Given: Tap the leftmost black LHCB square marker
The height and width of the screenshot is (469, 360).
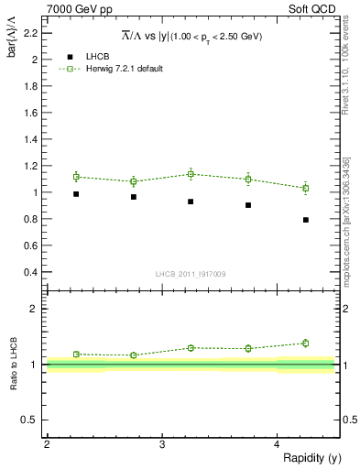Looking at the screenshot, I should [76, 194].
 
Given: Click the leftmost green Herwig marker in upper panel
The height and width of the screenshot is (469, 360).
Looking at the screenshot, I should [76, 177].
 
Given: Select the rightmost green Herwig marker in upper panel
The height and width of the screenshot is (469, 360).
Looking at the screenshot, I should [306, 188].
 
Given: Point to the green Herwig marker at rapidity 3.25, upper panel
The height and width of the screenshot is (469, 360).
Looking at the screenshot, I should [191, 174].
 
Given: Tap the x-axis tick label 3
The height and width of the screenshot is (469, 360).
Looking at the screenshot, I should [161, 444].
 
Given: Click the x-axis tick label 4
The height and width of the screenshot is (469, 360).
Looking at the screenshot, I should [277, 444].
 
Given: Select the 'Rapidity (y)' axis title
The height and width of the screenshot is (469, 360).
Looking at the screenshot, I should [312, 457].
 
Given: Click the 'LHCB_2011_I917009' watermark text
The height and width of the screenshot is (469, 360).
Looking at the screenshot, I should [191, 274].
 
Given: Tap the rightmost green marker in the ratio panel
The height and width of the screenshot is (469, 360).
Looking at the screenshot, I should [306, 344].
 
